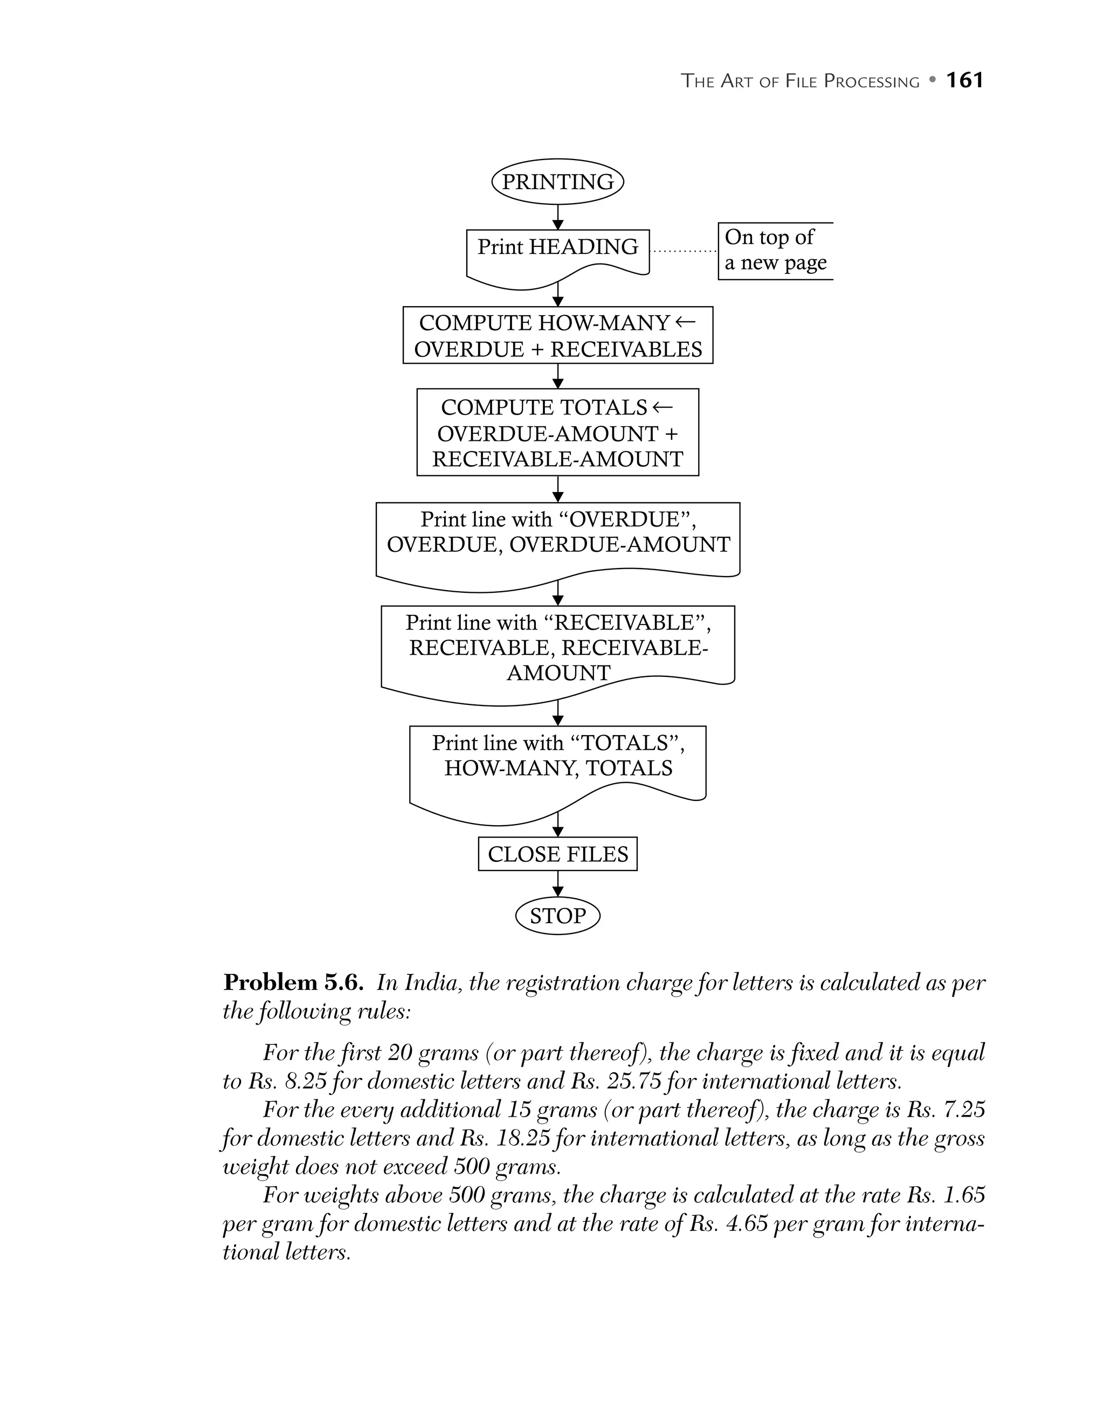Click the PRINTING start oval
point(557,182)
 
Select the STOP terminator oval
point(557,916)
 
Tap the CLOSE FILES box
point(557,854)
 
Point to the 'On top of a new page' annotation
point(775,250)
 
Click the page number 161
point(964,80)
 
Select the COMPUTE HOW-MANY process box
point(557,335)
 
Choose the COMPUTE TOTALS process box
point(557,433)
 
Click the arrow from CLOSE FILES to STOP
point(557,884)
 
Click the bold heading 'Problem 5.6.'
point(293,982)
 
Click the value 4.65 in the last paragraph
point(746,1224)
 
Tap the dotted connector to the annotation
point(684,251)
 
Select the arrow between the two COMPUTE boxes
point(557,376)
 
